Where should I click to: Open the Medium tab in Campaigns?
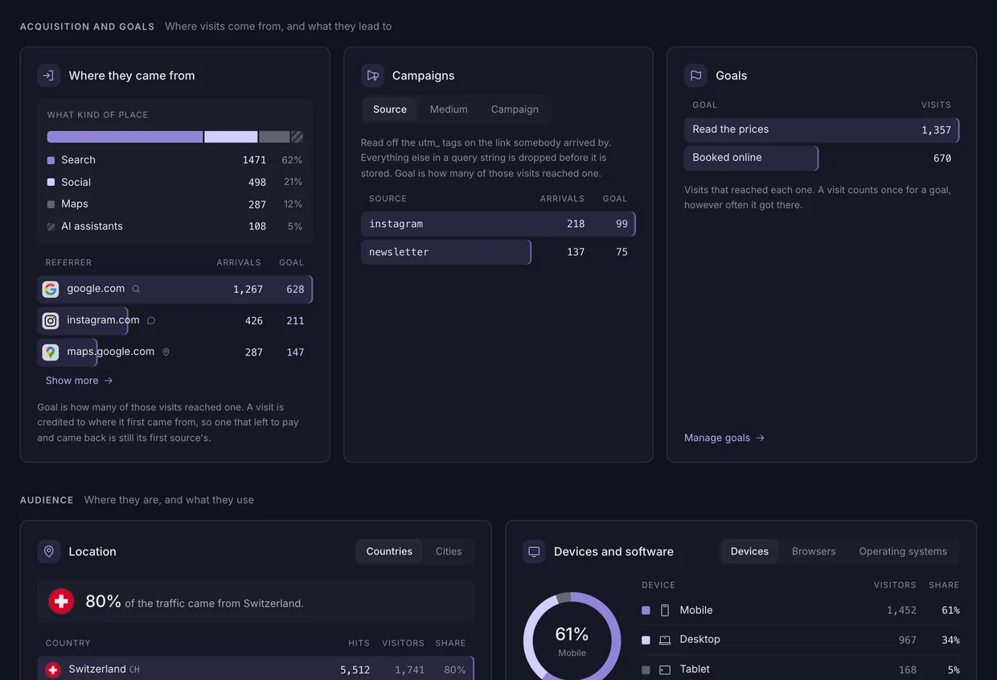[x=449, y=109]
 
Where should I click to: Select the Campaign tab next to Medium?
[x=515, y=109]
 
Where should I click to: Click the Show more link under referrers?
[x=79, y=381]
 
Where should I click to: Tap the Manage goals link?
[x=724, y=438]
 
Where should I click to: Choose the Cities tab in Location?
[x=448, y=551]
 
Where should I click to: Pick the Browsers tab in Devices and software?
[x=813, y=551]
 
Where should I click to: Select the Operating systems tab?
[x=903, y=551]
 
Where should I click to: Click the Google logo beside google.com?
[x=51, y=289]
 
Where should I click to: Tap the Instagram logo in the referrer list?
[x=51, y=320]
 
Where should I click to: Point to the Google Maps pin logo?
[x=51, y=352]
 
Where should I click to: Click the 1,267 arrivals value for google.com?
[x=248, y=289]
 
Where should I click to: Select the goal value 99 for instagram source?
[x=622, y=224]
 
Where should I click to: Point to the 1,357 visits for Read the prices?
[x=936, y=130]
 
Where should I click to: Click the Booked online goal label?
[x=727, y=157]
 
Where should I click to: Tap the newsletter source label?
[x=399, y=252]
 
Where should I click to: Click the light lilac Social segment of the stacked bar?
[x=231, y=137]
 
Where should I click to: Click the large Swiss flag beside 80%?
[x=61, y=601]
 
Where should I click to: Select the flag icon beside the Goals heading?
[x=695, y=76]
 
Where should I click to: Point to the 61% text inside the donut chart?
[x=572, y=634]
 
